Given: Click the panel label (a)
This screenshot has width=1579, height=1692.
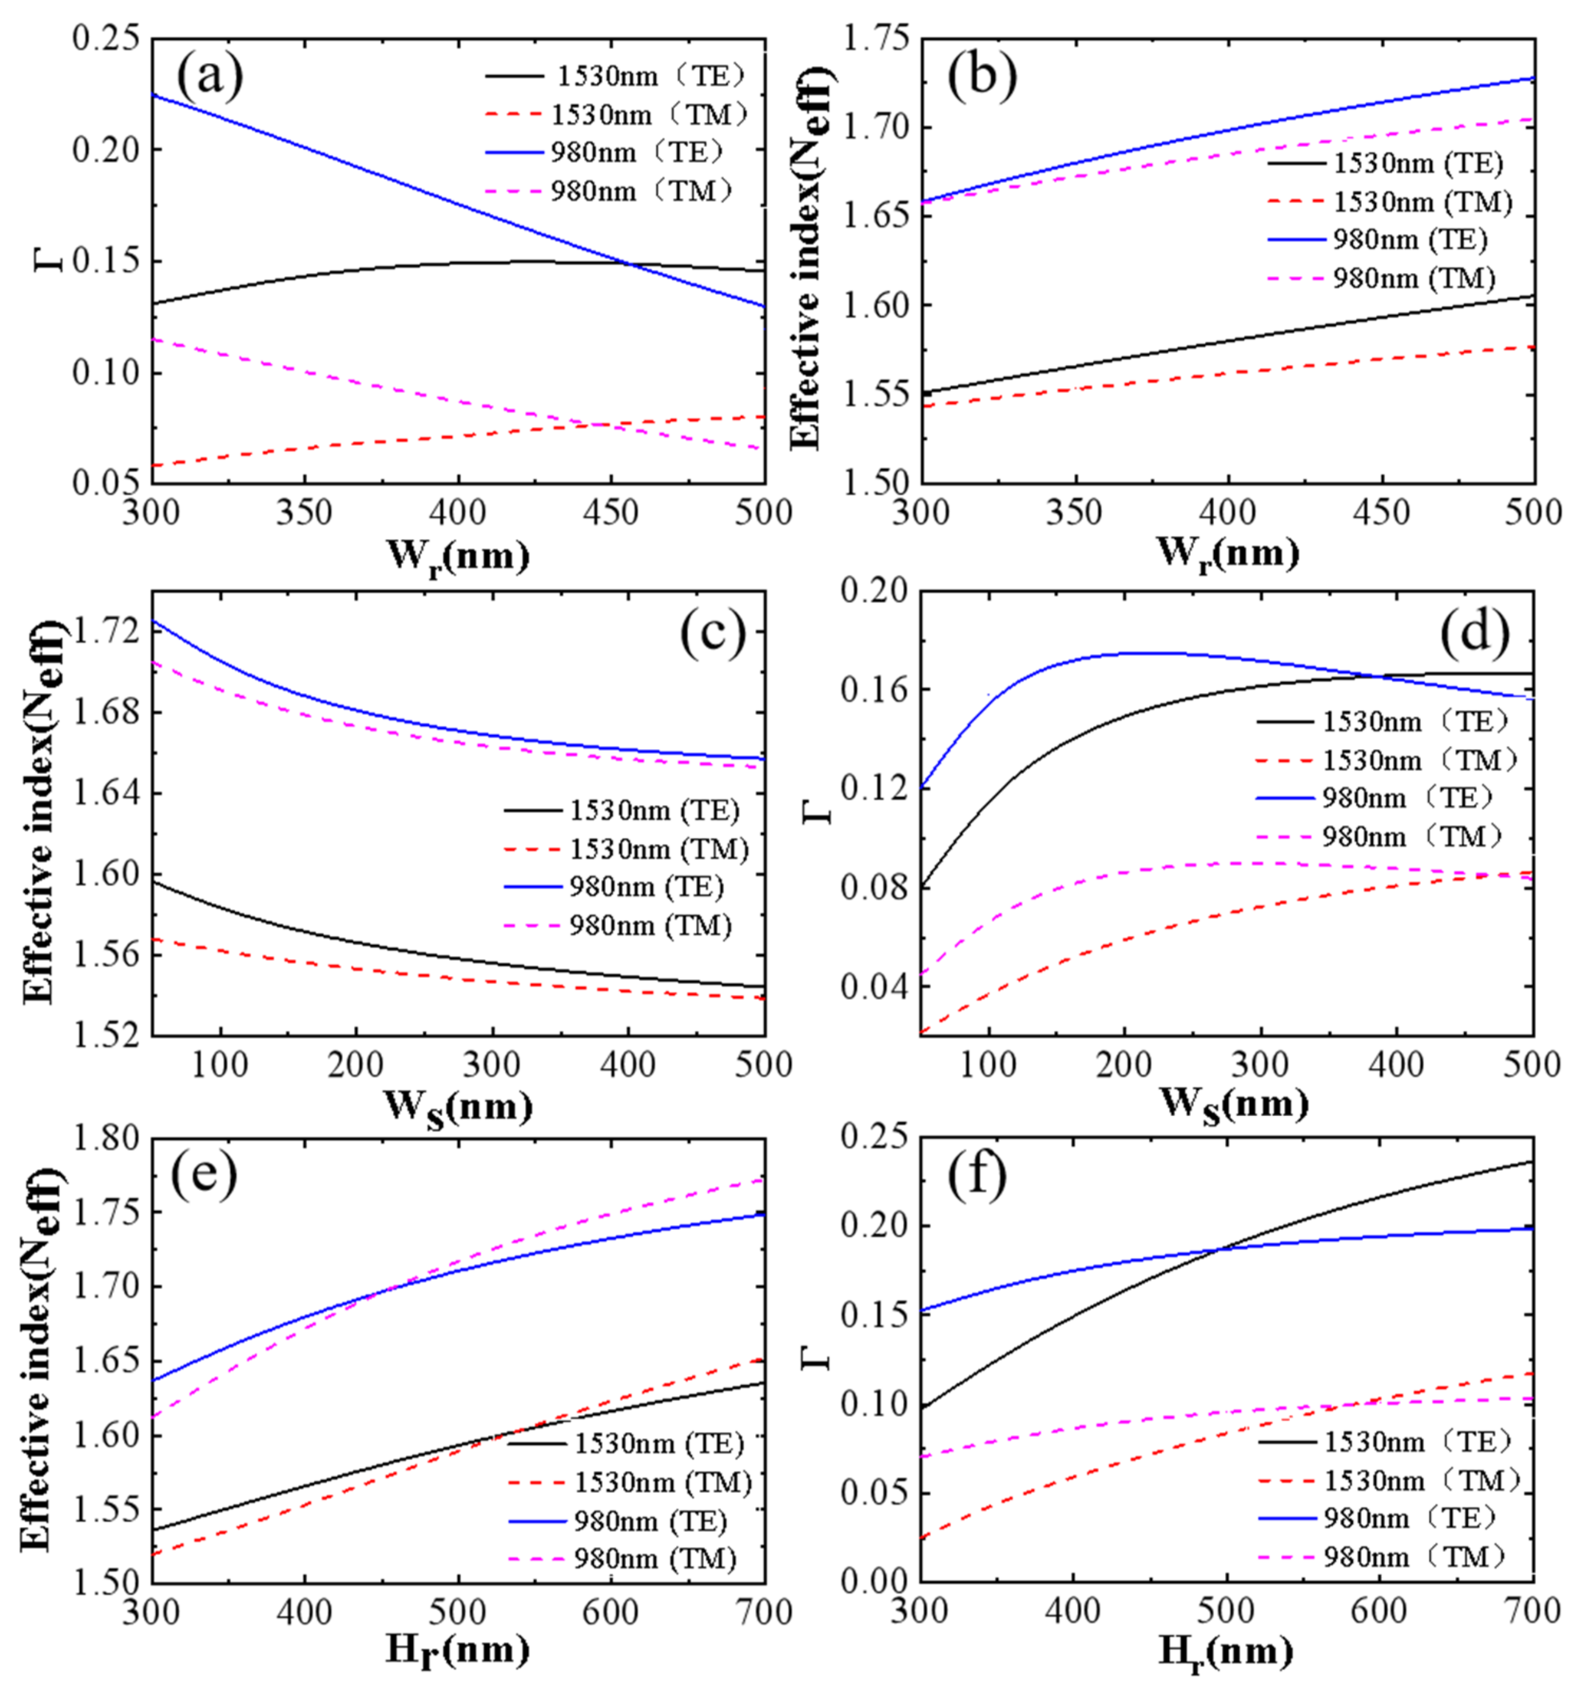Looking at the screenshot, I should tap(210, 77).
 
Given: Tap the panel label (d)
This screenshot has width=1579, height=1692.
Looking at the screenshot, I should tap(1474, 632).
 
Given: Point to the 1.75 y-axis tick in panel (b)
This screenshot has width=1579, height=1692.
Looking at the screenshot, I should tap(877, 39).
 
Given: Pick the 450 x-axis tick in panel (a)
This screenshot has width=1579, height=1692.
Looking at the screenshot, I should tap(611, 513).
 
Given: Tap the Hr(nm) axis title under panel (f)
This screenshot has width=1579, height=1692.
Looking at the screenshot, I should tap(1226, 1653).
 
